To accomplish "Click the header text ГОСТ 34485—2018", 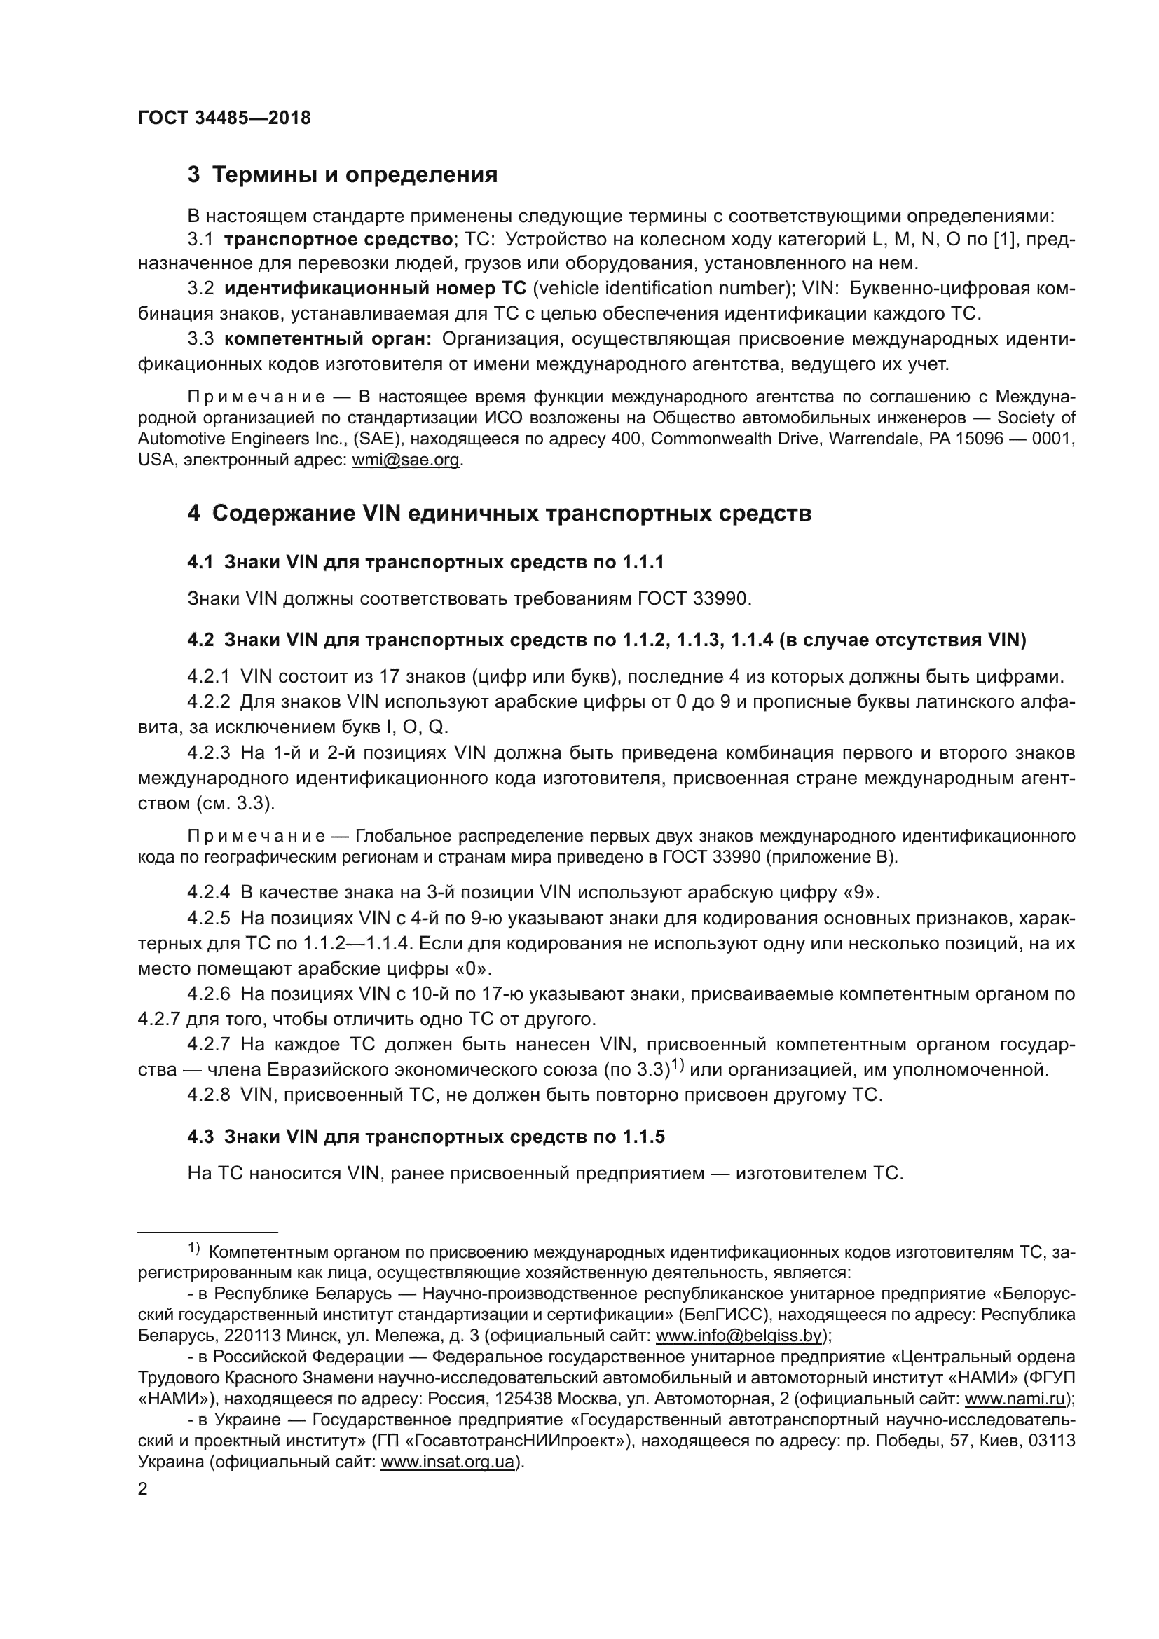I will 224,118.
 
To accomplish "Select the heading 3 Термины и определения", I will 343,175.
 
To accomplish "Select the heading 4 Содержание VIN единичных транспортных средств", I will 499,513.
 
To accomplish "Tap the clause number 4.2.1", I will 208,676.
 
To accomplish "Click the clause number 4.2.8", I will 208,1095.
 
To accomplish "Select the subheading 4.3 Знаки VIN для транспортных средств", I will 425,1137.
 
